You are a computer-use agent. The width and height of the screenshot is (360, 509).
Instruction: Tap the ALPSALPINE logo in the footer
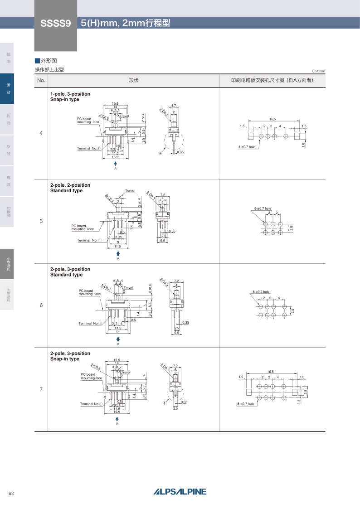point(180,492)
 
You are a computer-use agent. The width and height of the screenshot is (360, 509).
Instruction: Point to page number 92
point(12,493)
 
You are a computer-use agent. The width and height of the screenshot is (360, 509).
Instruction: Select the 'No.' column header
point(41,80)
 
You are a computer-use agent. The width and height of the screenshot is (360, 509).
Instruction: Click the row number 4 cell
point(41,133)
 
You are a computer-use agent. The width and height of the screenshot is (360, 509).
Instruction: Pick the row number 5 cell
point(41,221)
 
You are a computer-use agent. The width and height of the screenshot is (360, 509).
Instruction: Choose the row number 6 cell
point(41,305)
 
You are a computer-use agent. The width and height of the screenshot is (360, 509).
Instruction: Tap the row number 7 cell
point(41,389)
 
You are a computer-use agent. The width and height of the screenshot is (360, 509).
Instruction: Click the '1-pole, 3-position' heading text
point(70,94)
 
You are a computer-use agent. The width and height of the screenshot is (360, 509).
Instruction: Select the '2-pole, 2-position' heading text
point(70,185)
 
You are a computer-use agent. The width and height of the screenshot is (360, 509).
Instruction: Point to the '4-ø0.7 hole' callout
point(247,147)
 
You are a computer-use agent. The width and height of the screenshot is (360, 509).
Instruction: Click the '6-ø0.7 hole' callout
point(263,208)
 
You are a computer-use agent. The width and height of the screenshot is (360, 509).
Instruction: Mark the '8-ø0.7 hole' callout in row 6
point(260,292)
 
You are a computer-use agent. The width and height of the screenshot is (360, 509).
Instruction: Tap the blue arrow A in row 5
point(118,254)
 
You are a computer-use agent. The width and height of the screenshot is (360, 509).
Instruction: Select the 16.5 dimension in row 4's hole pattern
point(272,119)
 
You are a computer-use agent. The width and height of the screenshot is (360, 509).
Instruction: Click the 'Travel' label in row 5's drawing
point(130,191)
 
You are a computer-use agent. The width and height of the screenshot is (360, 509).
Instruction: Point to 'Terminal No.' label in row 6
point(90,323)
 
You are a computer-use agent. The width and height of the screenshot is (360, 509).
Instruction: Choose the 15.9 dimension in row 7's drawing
point(117,360)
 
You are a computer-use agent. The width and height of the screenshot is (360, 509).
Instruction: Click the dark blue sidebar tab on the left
point(7,88)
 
